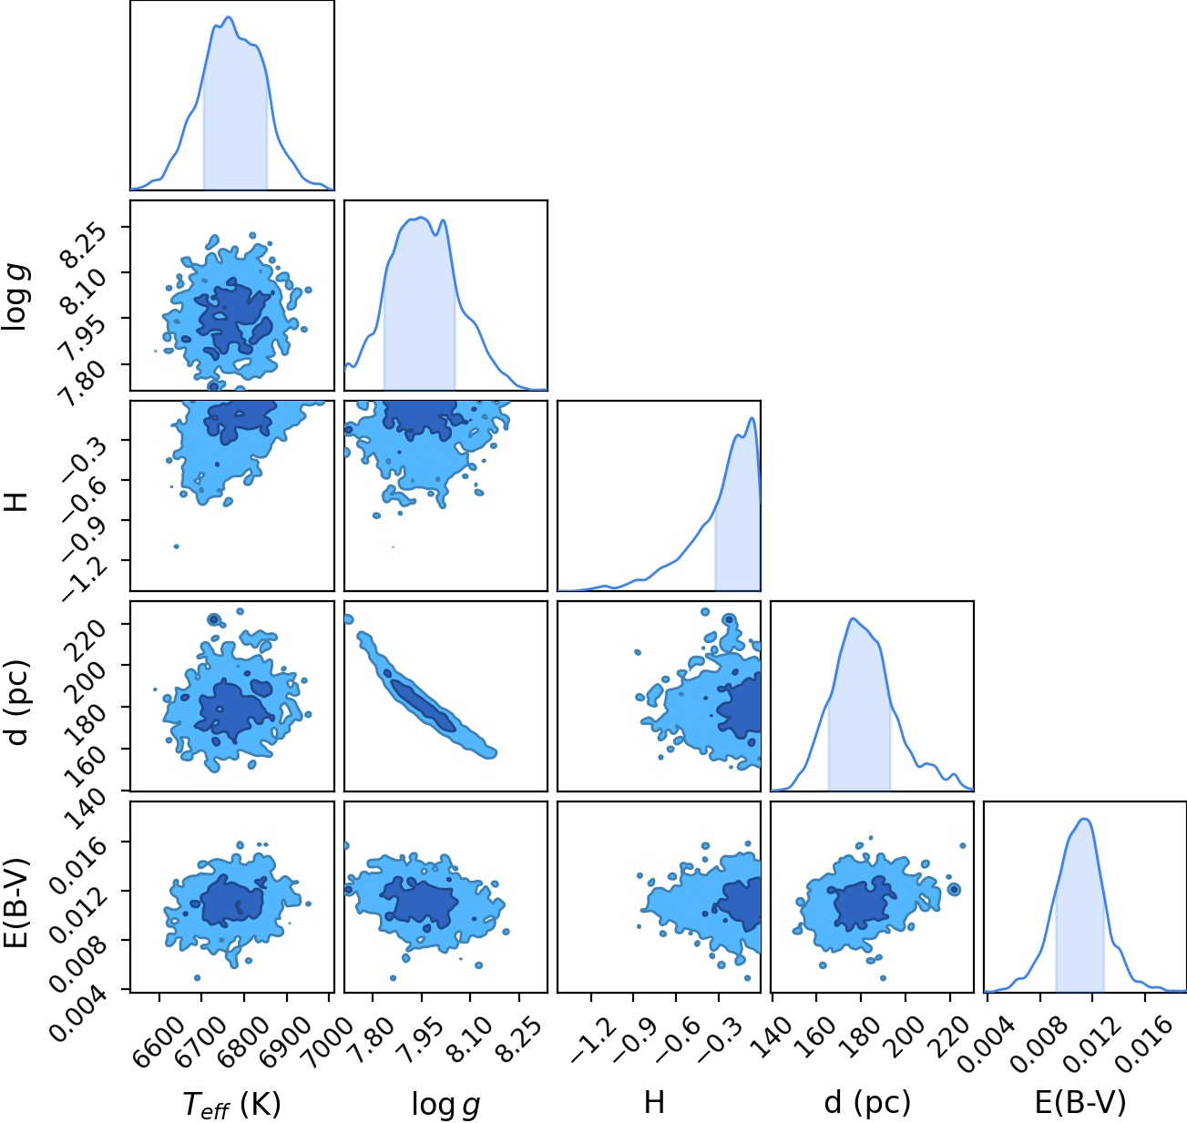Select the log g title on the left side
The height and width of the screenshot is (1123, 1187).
[x=16, y=298]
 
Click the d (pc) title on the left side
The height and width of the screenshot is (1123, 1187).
[x=16, y=703]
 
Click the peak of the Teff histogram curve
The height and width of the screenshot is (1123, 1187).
[x=229, y=17]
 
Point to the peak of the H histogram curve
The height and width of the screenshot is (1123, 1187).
[x=752, y=418]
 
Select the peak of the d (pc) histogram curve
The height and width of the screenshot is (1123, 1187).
[x=853, y=618]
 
